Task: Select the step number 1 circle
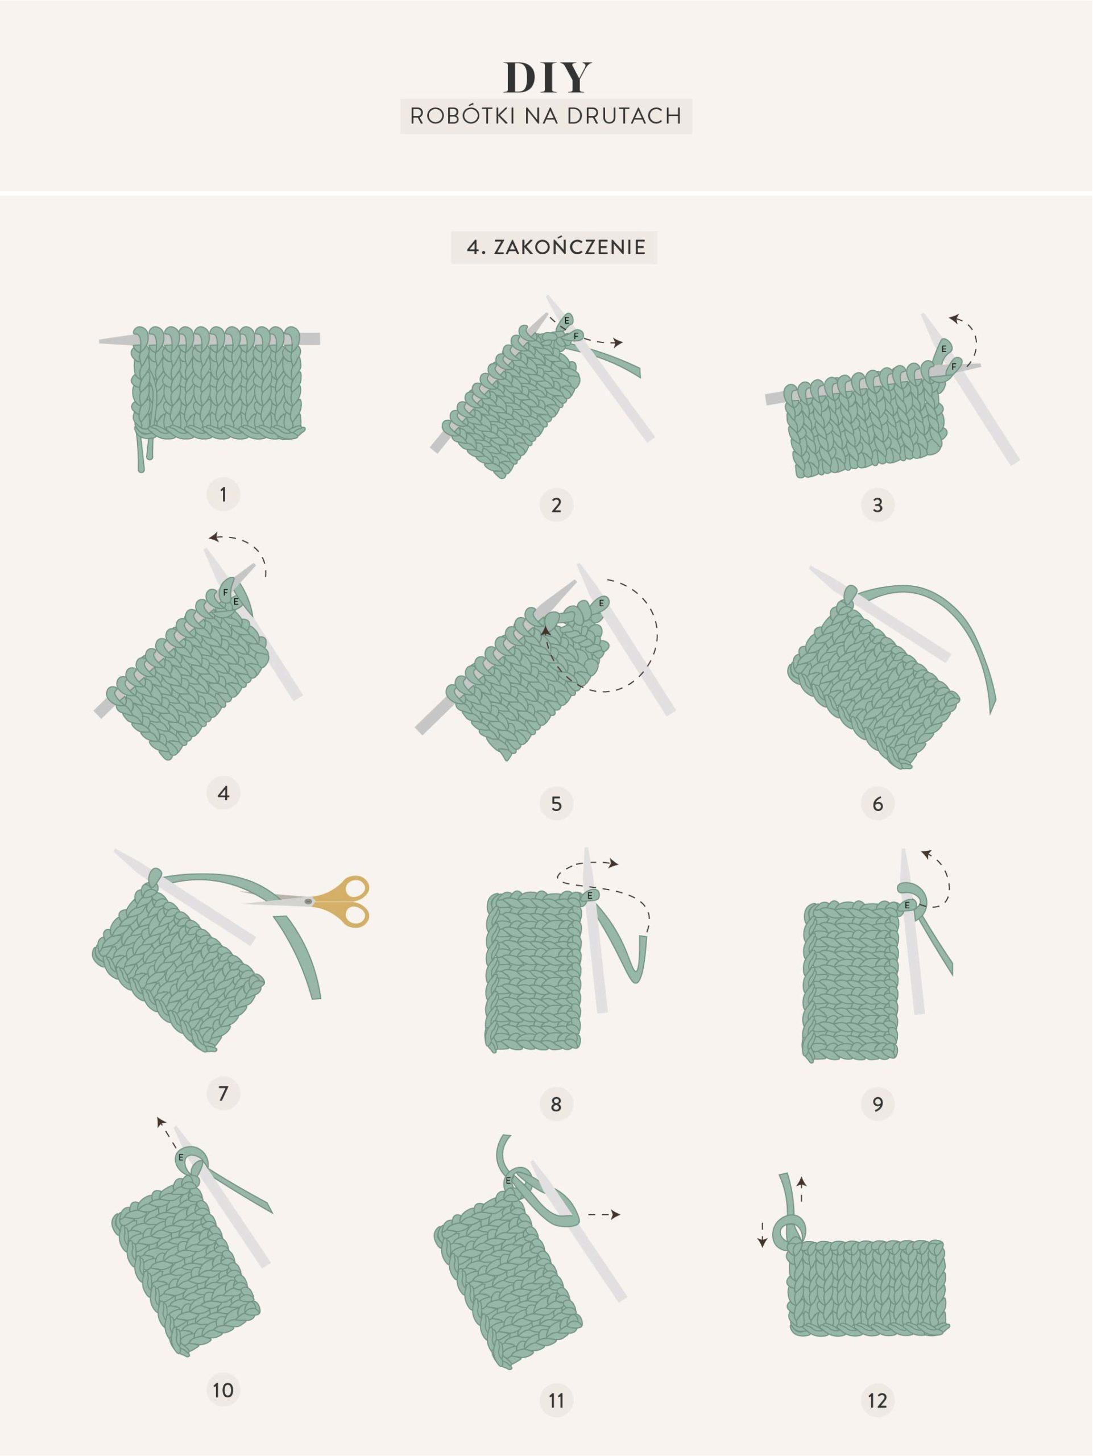[223, 494]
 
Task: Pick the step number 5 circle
[556, 803]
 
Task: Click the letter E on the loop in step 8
[590, 895]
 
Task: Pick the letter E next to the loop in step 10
[180, 1156]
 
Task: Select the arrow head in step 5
[545, 631]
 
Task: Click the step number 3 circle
[877, 505]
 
